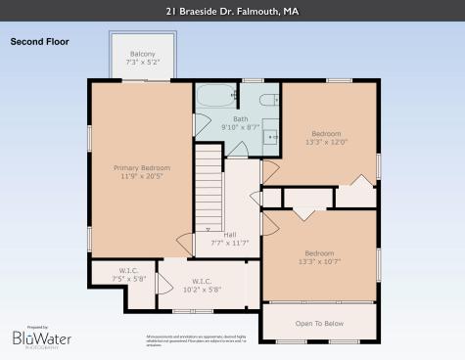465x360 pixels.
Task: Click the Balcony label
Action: click(x=143, y=55)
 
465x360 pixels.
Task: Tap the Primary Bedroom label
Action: click(x=141, y=167)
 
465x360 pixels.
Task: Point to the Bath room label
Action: click(x=241, y=117)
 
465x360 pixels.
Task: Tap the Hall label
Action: click(x=230, y=234)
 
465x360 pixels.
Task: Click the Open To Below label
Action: click(x=319, y=323)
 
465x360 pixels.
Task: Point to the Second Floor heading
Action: click(x=38, y=42)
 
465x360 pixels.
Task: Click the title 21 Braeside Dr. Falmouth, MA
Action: click(x=232, y=12)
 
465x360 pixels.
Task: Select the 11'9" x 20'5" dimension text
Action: click(x=141, y=177)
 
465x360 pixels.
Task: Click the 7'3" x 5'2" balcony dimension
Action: click(x=143, y=64)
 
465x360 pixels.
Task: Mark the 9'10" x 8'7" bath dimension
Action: click(x=241, y=127)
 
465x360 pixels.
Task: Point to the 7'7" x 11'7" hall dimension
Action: click(x=230, y=243)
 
